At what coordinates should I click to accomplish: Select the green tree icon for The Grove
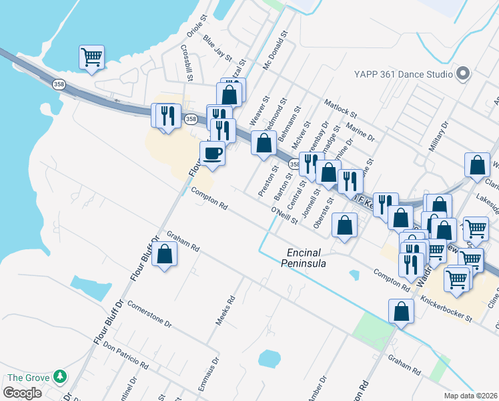(x=61, y=378)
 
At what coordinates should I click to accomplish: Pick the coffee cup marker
(x=213, y=153)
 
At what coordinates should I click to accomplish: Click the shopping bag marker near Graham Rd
(x=164, y=254)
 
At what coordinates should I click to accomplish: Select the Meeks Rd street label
(x=225, y=311)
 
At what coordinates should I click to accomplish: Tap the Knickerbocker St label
(x=446, y=309)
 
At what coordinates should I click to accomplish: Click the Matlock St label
(x=341, y=109)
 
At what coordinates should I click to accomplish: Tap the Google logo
(x=22, y=393)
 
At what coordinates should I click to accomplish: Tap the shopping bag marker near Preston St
(x=264, y=142)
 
